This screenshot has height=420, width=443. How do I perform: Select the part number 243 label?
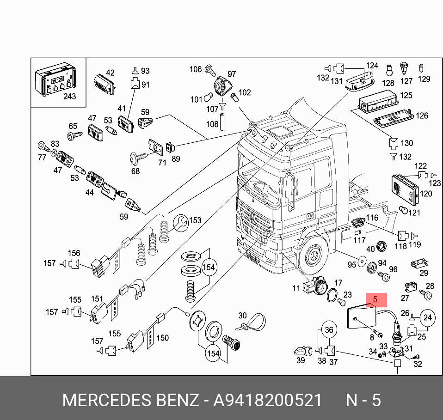pyautogui.click(x=69, y=97)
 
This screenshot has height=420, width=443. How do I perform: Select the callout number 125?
pyautogui.click(x=406, y=96)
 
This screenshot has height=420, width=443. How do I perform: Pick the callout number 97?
pyautogui.click(x=231, y=74)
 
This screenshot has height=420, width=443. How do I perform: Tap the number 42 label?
pyautogui.click(x=110, y=73)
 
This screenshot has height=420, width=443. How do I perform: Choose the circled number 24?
pyautogui.click(x=427, y=317)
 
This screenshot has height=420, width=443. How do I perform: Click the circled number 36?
pyautogui.click(x=328, y=330)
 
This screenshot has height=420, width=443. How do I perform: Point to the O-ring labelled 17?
pyautogui.click(x=332, y=294)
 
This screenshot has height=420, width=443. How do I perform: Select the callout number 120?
pyautogui.click(x=426, y=194)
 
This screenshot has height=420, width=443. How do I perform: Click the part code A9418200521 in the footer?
pyautogui.click(x=267, y=400)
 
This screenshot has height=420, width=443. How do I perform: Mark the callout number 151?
pyautogui.click(x=97, y=299)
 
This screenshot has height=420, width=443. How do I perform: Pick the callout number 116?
pyautogui.click(x=372, y=218)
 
